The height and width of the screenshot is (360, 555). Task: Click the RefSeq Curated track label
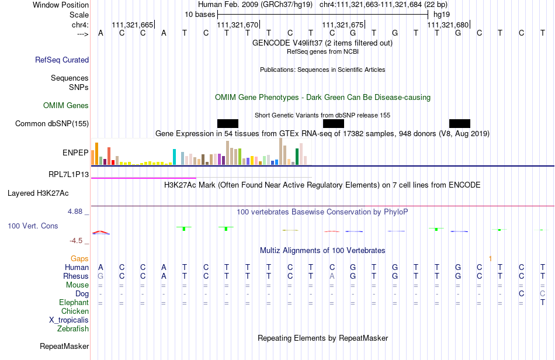[x=62, y=60]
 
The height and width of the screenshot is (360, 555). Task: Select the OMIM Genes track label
[x=66, y=106]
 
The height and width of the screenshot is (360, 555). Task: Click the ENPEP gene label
[x=75, y=153]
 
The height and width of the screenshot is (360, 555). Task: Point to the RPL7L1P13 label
[x=68, y=174]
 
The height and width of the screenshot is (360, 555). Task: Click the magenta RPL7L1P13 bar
[x=143, y=177]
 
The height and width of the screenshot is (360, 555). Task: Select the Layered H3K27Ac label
[x=38, y=193]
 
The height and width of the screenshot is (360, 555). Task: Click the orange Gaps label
[x=79, y=258]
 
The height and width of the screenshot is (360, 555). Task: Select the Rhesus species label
[x=76, y=276]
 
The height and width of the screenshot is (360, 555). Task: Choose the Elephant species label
[x=74, y=303]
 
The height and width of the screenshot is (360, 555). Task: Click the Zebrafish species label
[x=73, y=329]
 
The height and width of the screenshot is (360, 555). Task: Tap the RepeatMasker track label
[x=64, y=346]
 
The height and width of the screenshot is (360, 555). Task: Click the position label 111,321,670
[x=237, y=25]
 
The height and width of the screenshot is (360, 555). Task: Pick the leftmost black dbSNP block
[x=228, y=123]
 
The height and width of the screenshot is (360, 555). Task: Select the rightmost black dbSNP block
[x=460, y=123]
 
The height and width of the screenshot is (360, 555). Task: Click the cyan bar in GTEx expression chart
[x=175, y=157]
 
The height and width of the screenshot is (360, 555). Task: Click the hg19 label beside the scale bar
[x=441, y=14]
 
